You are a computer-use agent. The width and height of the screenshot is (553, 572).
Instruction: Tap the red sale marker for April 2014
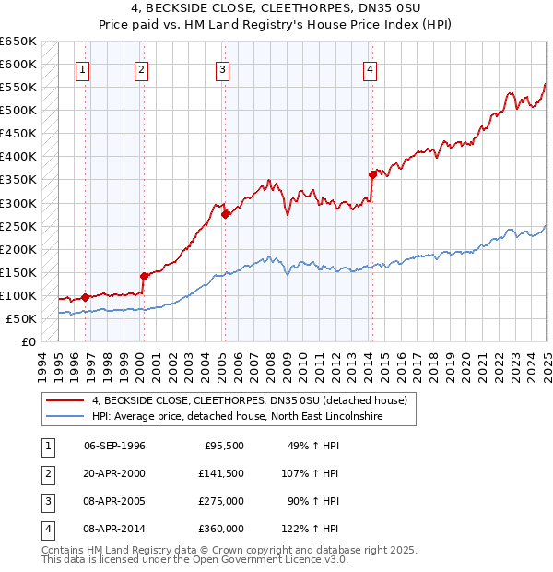click(373, 174)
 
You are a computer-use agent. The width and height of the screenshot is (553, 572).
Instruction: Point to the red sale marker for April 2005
click(225, 214)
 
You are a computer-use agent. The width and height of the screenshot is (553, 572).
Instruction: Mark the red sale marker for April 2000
click(144, 276)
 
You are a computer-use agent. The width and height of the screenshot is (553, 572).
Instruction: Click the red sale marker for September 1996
click(85, 297)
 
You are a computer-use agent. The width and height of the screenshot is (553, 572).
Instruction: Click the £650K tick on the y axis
click(18, 42)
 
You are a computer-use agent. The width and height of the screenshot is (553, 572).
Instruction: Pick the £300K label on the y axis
click(18, 203)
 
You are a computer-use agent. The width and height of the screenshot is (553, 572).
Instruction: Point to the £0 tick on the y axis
click(29, 341)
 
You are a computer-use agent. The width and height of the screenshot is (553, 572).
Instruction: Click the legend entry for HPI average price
click(237, 417)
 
